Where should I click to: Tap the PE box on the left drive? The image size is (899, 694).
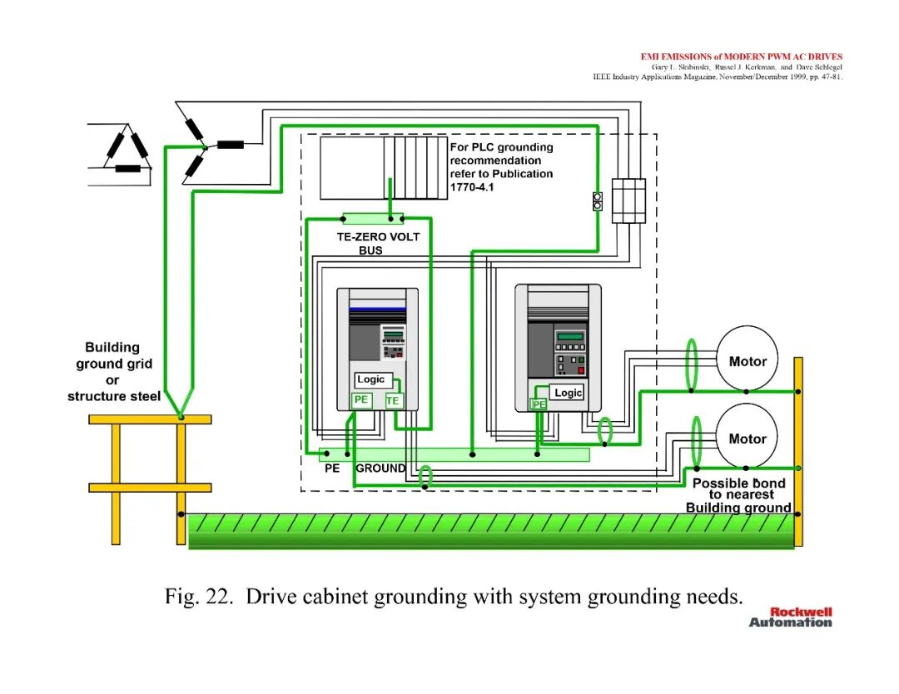[x=361, y=400]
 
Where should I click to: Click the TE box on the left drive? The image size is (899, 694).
[x=393, y=400]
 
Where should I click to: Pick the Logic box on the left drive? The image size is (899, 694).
[x=373, y=380]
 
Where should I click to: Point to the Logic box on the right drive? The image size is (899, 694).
[x=567, y=393]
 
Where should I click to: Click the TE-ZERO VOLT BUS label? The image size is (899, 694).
[x=378, y=244]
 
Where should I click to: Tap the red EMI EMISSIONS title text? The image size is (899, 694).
[x=742, y=56]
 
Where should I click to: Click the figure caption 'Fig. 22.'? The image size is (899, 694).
[x=199, y=597]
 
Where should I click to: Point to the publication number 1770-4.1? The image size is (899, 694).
[x=472, y=187]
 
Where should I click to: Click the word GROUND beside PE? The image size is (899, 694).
[x=380, y=468]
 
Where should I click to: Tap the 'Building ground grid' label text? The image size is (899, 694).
[x=113, y=355]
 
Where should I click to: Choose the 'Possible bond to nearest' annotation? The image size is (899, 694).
[x=740, y=488]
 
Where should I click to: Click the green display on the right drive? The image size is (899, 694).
[x=570, y=336]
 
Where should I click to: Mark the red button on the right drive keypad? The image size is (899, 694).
[x=580, y=371]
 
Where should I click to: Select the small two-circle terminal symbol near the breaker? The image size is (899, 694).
[x=598, y=201]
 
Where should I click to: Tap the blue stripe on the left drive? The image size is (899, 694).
[x=377, y=309]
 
